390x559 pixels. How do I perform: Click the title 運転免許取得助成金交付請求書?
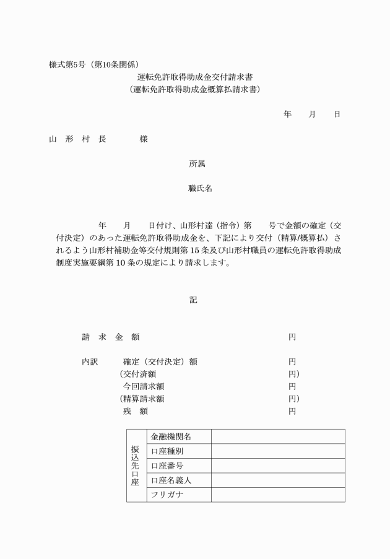point(195,77)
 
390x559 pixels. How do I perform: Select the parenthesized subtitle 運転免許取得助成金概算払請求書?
point(195,89)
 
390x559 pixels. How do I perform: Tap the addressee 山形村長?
point(77,139)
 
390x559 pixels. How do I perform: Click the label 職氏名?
point(200,189)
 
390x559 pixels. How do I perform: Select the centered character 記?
point(194,300)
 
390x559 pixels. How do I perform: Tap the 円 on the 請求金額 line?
point(292,337)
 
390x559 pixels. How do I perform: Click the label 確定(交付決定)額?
point(160,362)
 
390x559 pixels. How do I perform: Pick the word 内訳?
point(90,362)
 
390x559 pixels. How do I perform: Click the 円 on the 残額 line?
point(292,411)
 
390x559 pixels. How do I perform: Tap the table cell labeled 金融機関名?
point(171,436)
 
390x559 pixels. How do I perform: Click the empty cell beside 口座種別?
point(278,451)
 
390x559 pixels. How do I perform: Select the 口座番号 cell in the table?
point(167,466)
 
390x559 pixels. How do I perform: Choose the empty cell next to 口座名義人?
point(278,480)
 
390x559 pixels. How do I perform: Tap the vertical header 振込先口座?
point(135,465)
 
